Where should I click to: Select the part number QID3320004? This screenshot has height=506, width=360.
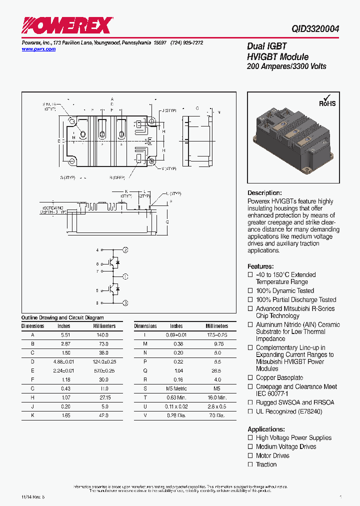click(315, 29)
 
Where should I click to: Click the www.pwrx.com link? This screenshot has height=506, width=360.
click(39, 49)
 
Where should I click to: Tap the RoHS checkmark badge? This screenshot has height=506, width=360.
click(327, 101)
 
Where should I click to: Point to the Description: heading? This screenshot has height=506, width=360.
click(264, 193)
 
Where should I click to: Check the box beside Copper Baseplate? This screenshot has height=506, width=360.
click(250, 378)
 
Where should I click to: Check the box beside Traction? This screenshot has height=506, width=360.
click(250, 464)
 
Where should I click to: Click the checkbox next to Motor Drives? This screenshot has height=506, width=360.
click(250, 455)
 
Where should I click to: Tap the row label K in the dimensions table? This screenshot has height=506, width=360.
click(32, 415)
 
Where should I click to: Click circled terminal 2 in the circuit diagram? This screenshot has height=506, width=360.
click(126, 249)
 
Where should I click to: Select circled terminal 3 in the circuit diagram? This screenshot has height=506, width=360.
click(126, 303)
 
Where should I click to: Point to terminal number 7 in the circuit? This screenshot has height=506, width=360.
click(97, 271)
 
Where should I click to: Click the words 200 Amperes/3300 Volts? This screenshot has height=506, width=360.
click(286, 66)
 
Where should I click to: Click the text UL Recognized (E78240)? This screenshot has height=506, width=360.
click(289, 411)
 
